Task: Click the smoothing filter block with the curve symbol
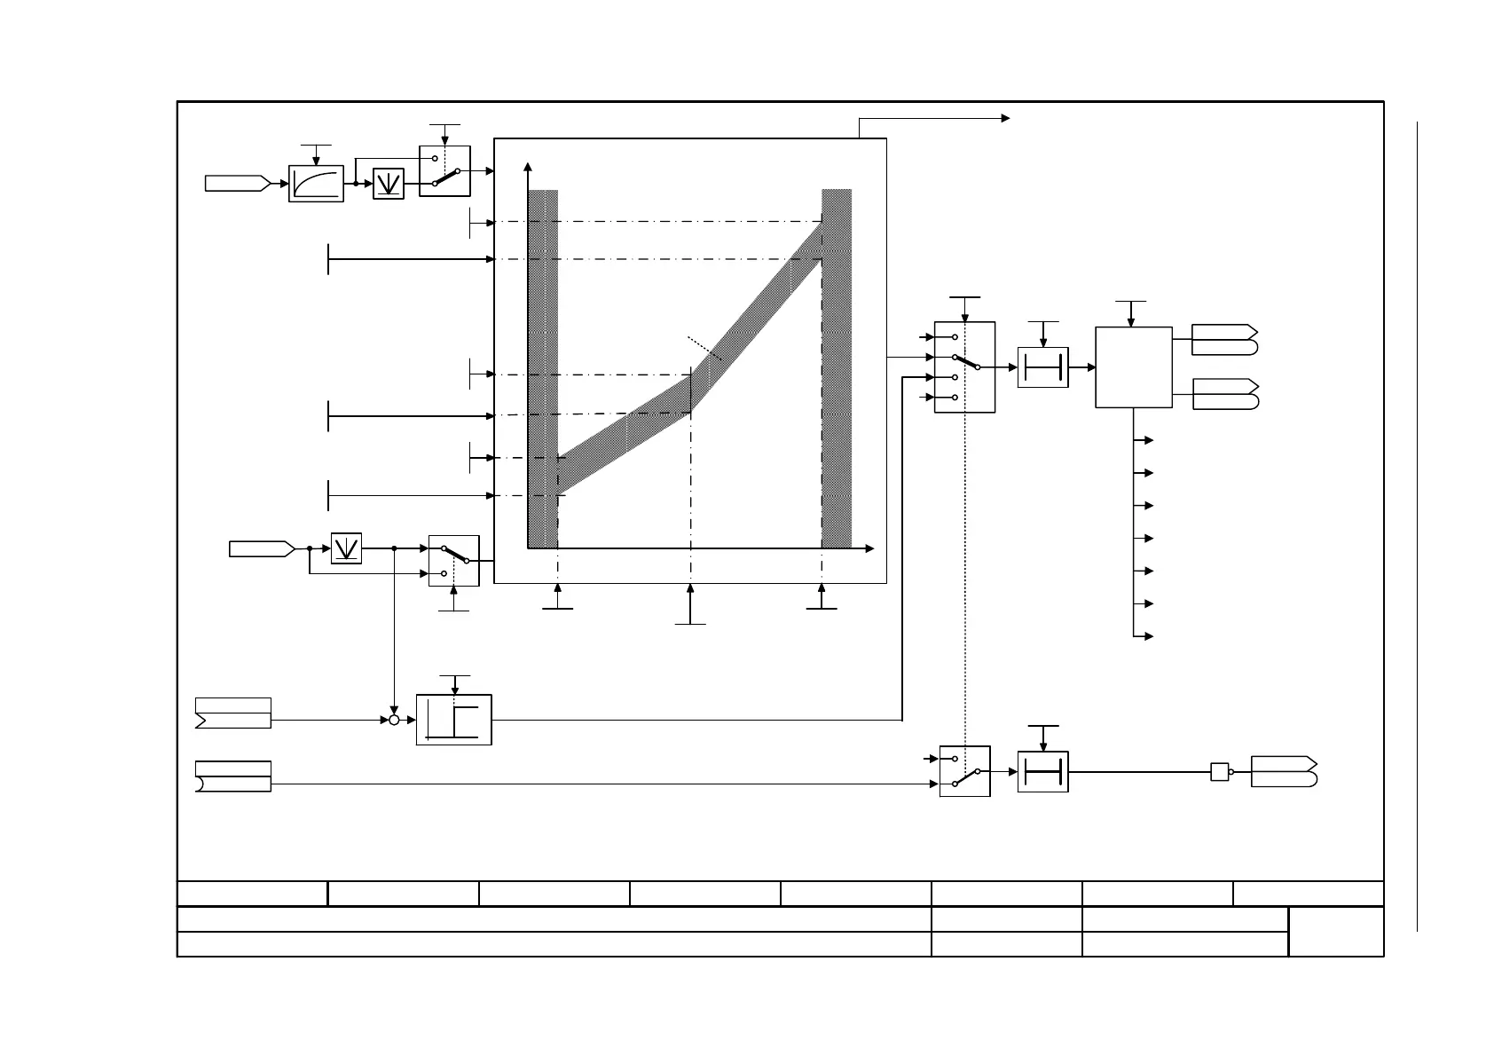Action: click(x=316, y=184)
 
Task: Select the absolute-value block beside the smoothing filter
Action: click(x=389, y=184)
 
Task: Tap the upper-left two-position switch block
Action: click(x=444, y=171)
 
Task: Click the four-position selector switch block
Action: click(x=964, y=367)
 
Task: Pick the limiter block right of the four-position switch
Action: click(x=1042, y=367)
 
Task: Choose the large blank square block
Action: click(x=1134, y=367)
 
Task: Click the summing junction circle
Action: click(x=394, y=720)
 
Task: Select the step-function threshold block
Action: click(x=453, y=720)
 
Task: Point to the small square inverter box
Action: click(x=1220, y=772)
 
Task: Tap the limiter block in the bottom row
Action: click(x=1042, y=772)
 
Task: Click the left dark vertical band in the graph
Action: click(x=543, y=368)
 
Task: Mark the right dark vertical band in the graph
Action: click(x=837, y=368)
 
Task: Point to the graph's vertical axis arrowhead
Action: click(x=529, y=166)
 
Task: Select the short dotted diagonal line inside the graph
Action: click(x=704, y=348)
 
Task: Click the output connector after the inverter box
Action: click(x=1284, y=772)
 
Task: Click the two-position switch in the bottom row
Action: click(x=964, y=771)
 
